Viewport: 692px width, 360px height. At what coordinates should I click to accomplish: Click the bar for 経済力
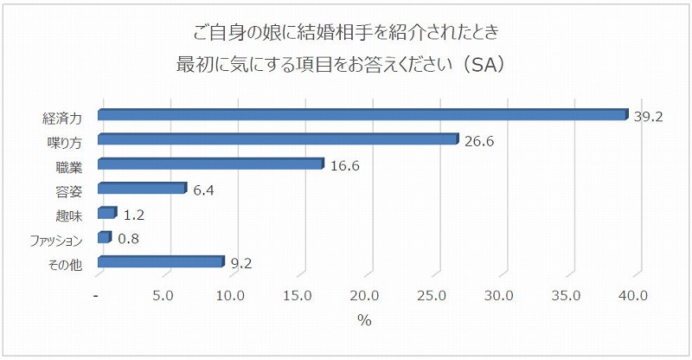point(362,115)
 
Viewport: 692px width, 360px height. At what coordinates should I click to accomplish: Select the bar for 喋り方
point(277,139)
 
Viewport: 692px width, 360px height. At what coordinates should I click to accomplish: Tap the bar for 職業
point(210,164)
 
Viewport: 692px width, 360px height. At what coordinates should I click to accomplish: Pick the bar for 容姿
point(141,189)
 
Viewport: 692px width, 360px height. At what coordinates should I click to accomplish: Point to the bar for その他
point(160,262)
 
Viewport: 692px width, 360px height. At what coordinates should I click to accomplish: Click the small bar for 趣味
point(106,213)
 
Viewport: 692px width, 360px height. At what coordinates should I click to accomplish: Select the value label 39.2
point(648,117)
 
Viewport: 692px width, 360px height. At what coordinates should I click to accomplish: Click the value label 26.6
point(478,141)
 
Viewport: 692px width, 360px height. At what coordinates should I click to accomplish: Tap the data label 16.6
point(344,165)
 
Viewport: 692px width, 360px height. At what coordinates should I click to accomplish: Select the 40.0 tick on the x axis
point(633,296)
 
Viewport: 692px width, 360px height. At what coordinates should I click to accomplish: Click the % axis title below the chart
point(364,321)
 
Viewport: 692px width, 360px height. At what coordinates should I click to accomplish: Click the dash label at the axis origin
point(97,296)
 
